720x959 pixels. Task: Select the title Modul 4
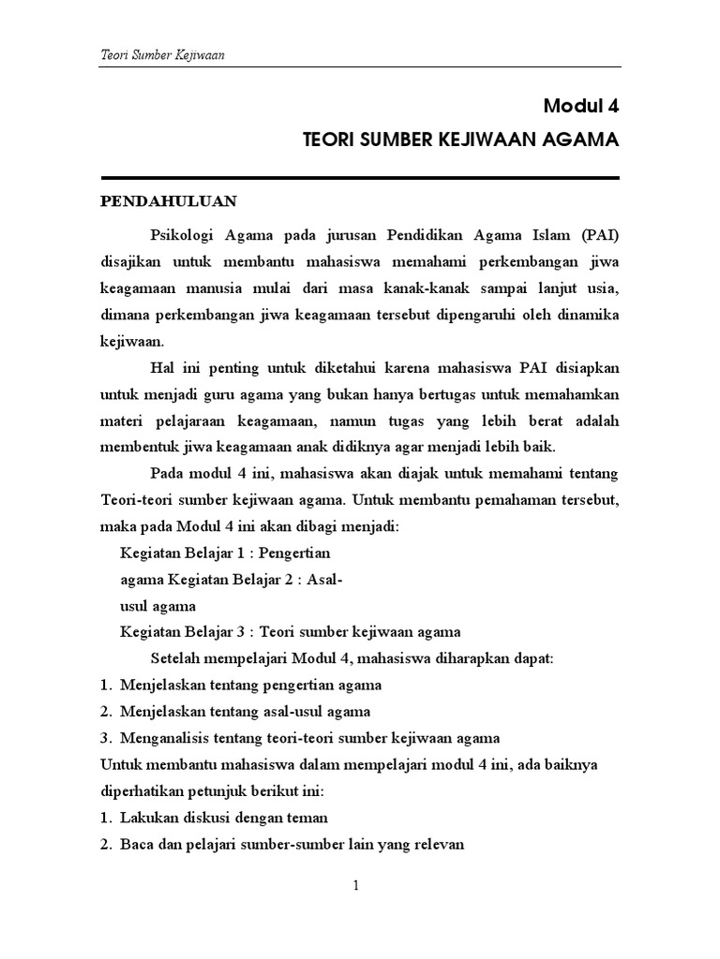coord(582,106)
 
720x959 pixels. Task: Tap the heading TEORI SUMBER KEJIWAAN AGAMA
coord(461,140)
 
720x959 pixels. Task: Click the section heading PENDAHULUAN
coord(169,201)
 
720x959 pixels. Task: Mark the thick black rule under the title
coord(360,178)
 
